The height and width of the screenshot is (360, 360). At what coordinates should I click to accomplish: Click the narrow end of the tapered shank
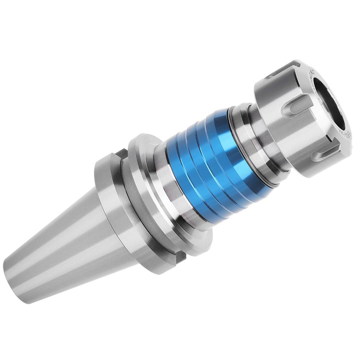click(18, 278)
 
